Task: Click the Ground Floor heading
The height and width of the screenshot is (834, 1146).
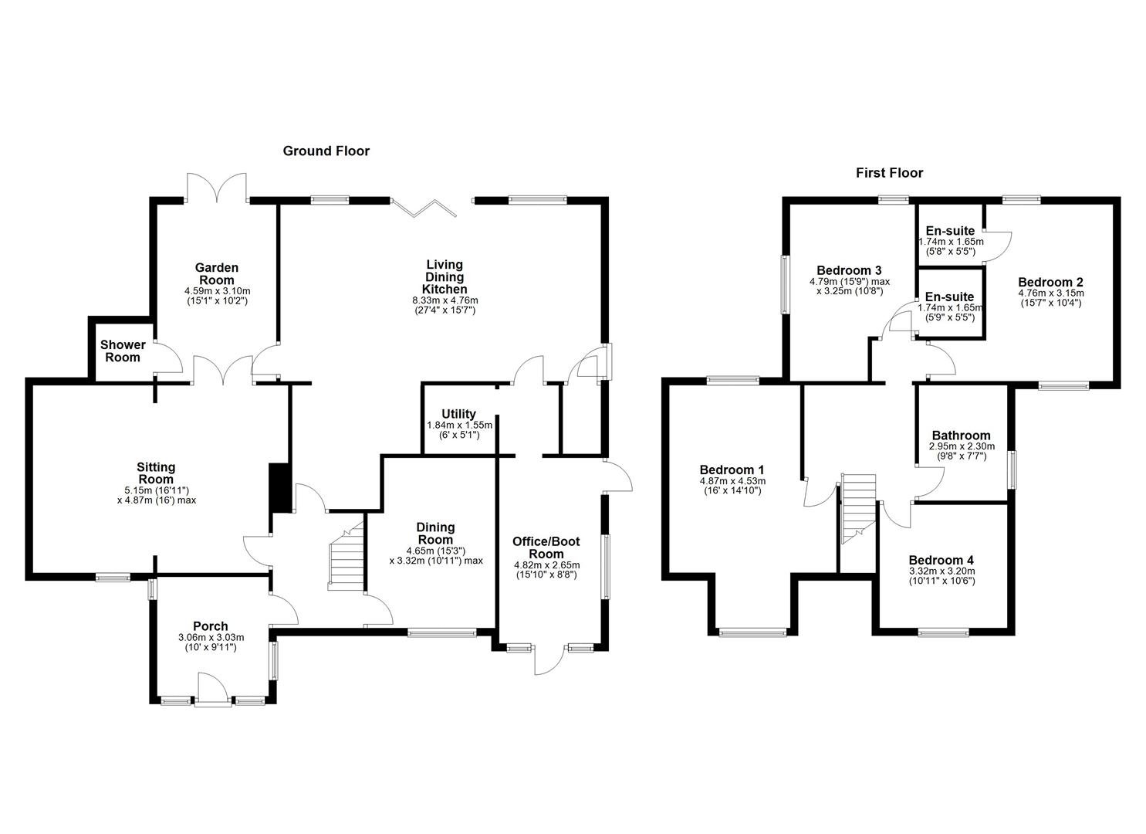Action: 326,151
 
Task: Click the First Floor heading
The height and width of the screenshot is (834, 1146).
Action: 889,173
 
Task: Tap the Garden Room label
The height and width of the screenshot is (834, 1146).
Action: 217,274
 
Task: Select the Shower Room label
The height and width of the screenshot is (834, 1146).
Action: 123,351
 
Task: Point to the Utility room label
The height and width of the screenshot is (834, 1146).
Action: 459,414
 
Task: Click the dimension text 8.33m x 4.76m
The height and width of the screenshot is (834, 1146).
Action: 445,300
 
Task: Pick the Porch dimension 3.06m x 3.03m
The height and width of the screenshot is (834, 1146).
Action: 211,637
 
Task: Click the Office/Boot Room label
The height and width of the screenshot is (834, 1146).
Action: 546,548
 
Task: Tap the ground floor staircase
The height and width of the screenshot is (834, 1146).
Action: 347,556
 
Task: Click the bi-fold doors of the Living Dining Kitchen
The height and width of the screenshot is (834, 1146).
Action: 424,208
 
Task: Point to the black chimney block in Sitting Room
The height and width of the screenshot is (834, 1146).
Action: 280,487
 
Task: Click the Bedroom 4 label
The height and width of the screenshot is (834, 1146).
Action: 941,560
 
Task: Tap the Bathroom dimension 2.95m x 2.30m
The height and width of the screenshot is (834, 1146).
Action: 962,446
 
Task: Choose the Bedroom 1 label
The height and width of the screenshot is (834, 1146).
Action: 732,470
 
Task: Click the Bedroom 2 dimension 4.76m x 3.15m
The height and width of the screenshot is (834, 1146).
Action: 1051,293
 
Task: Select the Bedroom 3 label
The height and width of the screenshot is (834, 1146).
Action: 849,270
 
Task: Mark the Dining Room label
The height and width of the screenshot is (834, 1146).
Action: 435,534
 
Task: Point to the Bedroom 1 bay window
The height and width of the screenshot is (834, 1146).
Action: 752,632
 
